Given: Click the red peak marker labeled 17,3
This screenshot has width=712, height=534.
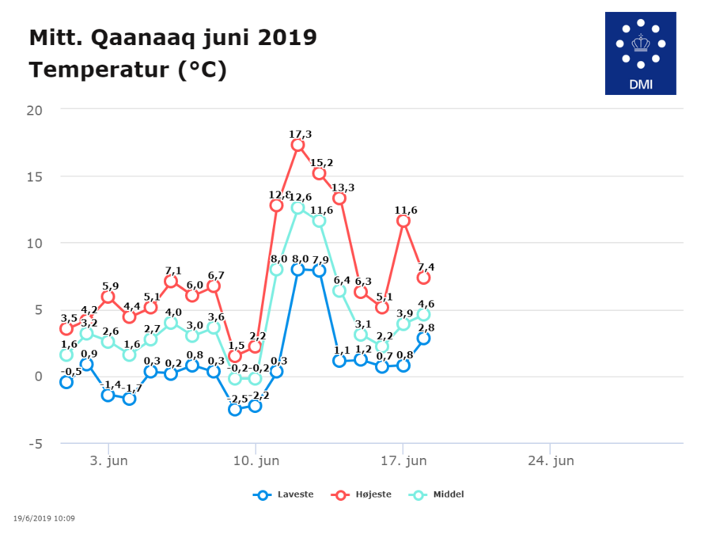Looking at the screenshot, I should (x=297, y=145).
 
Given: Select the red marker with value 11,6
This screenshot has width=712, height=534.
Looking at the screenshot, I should (x=403, y=221).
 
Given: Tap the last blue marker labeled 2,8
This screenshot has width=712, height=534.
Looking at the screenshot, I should (x=424, y=338).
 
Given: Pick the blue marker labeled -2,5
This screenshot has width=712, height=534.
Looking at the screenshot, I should (x=234, y=409).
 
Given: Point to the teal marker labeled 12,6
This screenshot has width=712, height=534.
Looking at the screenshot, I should (x=297, y=207).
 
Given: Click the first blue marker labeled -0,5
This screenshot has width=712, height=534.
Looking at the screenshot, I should (x=66, y=382).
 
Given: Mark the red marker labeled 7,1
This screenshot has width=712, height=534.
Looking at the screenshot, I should (x=171, y=281).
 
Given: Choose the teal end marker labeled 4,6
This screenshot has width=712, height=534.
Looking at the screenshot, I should (x=424, y=314).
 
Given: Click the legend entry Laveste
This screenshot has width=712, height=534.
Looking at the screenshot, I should (x=284, y=494).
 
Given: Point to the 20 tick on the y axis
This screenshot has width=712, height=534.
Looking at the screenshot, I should (x=34, y=109).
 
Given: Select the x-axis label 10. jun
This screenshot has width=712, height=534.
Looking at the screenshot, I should (x=255, y=460).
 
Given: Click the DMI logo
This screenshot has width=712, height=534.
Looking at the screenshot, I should (x=640, y=53).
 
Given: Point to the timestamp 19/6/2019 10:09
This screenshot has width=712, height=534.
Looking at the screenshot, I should (x=45, y=519).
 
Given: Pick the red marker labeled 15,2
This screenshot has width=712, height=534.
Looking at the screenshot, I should (x=319, y=173).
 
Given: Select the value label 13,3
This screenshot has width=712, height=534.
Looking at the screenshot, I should (x=343, y=187).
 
